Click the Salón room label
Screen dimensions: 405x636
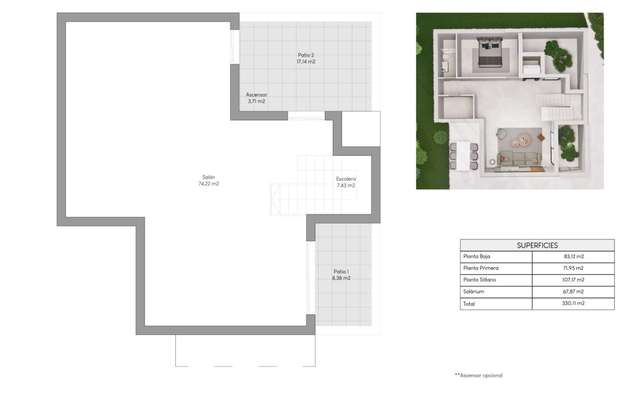coord(208,177)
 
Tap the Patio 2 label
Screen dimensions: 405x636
coord(306,55)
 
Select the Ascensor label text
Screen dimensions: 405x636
coord(257,95)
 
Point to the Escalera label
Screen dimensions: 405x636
coord(346,179)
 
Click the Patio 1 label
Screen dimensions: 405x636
coord(342,271)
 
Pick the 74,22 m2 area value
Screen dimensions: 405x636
coord(208,184)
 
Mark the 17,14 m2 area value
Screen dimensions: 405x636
coord(306,62)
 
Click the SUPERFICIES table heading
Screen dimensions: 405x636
coord(537,245)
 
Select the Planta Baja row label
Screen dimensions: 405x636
coord(476,257)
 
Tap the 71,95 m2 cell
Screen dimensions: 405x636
coord(573,268)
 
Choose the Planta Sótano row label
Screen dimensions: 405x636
coord(480,280)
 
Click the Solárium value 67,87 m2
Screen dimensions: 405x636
coord(573,292)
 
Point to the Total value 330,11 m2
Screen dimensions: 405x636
coord(573,304)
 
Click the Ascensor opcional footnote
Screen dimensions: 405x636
coord(479,375)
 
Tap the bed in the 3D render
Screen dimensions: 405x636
coord(488,53)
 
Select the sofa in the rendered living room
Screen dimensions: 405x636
coord(519,159)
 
